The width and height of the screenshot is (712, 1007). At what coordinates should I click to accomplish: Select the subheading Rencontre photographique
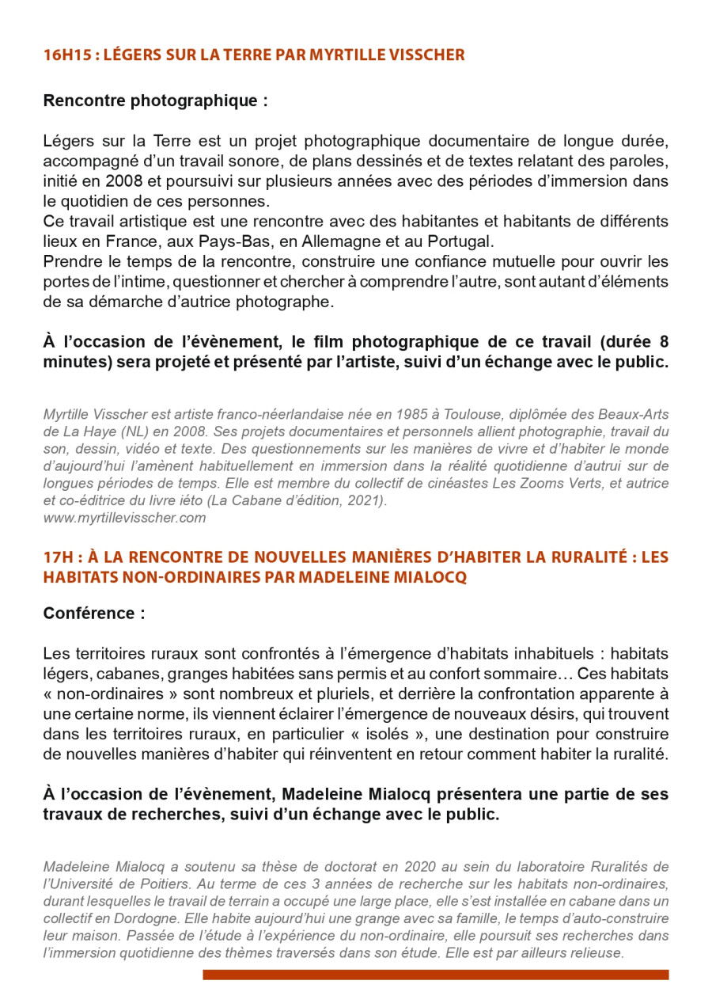coord(155,101)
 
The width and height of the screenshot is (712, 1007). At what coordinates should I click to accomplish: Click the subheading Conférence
coord(94,614)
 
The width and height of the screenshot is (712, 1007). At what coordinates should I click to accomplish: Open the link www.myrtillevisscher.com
coord(124,518)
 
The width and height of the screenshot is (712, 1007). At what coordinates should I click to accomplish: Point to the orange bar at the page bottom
coord(435,975)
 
